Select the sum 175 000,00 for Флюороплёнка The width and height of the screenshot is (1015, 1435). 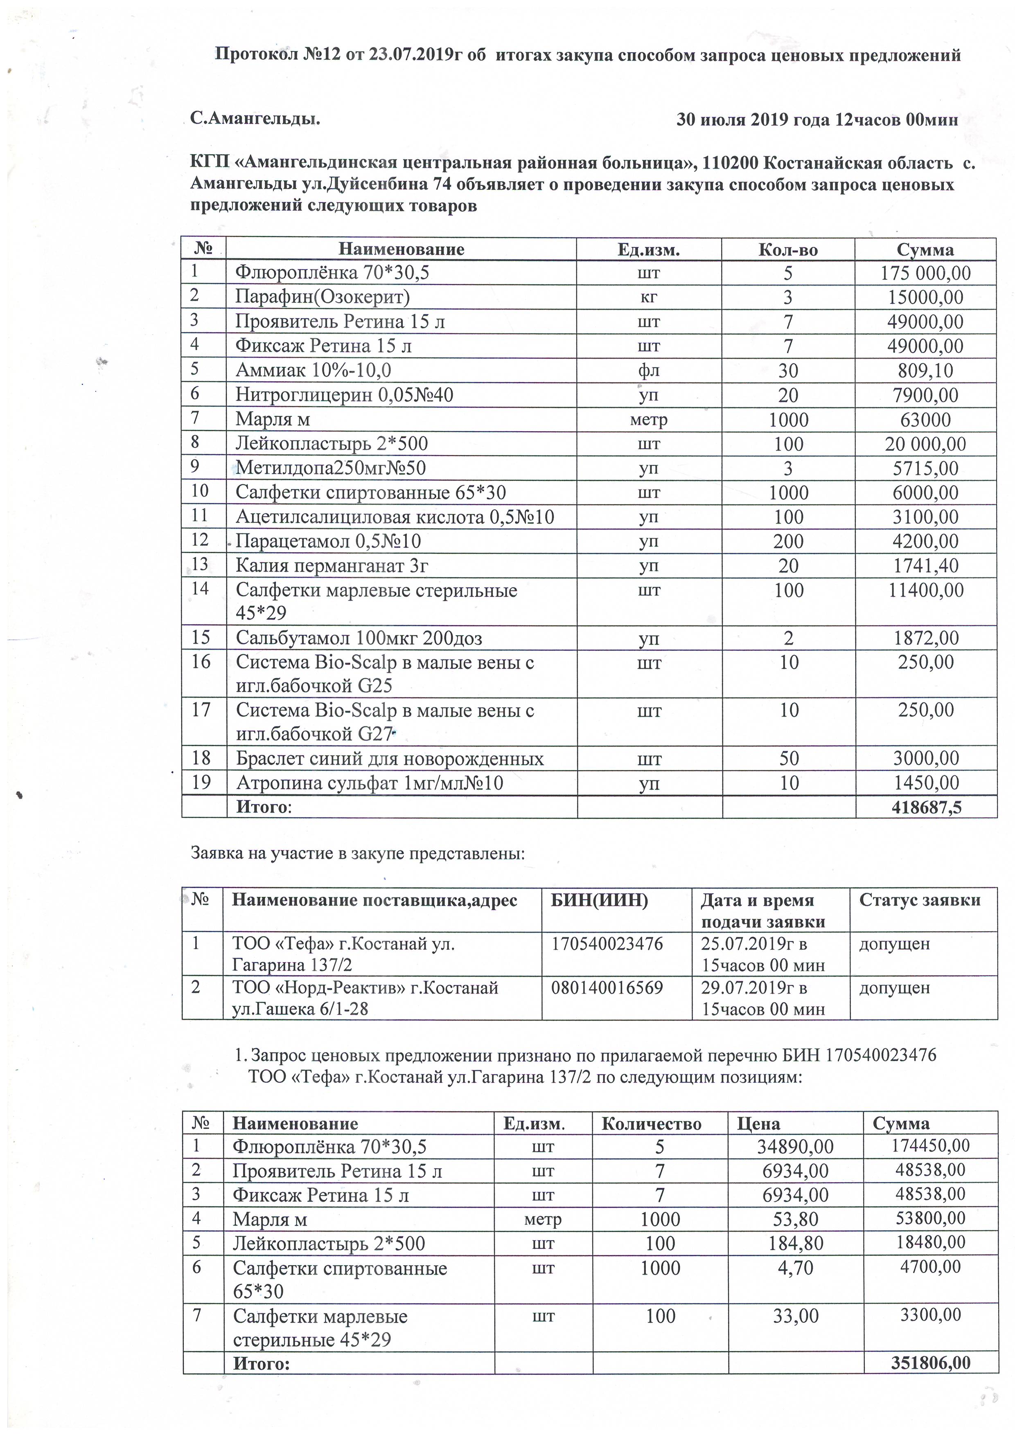pyautogui.click(x=925, y=273)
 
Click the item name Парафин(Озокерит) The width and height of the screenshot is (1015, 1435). pyautogui.click(x=322, y=297)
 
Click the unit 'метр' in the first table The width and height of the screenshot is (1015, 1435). pyautogui.click(x=649, y=419)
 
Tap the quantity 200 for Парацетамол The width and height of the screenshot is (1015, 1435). pyautogui.click(x=788, y=541)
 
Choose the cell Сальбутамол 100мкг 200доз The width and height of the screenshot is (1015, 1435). pyautogui.click(x=359, y=638)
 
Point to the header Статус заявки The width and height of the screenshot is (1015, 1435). pyautogui.click(x=919, y=900)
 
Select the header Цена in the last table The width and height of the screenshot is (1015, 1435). pyautogui.click(x=758, y=1123)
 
